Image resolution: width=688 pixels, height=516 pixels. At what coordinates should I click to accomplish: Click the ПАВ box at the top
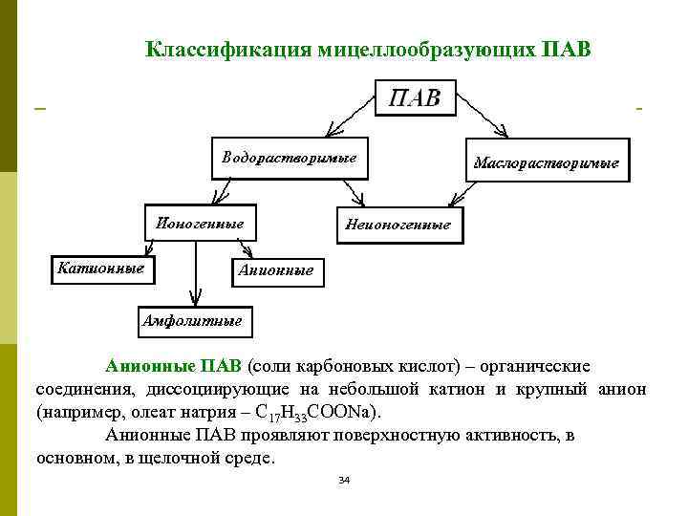415,98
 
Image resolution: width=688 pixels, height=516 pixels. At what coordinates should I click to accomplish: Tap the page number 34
344,480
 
